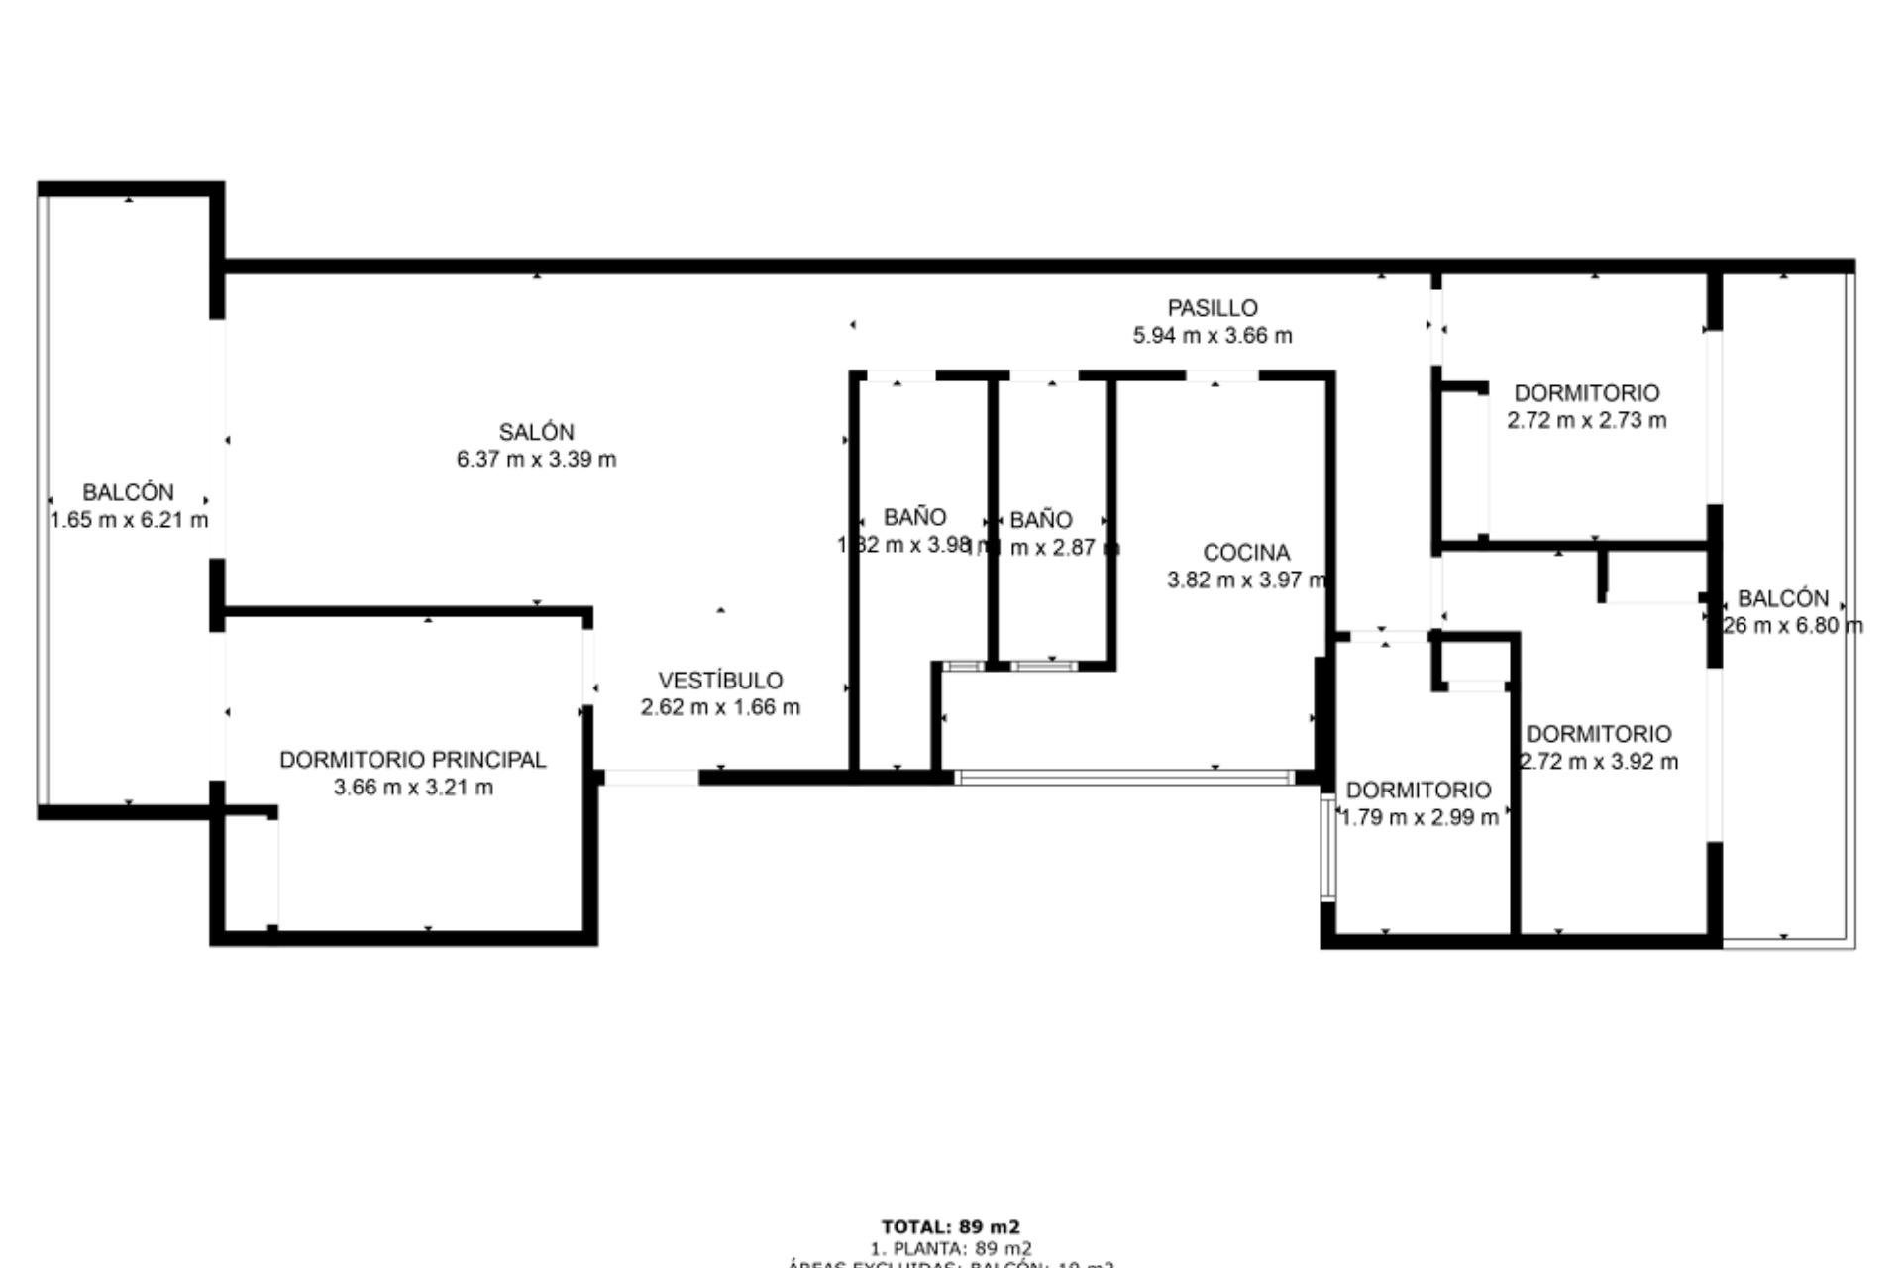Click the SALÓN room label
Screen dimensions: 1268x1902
coord(536,432)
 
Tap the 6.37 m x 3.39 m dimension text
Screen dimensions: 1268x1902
coord(536,460)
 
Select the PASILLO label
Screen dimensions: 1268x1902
coord(1212,308)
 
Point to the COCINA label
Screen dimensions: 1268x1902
coord(1246,553)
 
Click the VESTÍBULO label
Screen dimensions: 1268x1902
coord(720,681)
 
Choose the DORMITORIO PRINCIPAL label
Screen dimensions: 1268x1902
coord(412,760)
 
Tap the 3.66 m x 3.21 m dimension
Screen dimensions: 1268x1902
coord(413,788)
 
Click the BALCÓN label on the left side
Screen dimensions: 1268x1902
coord(128,492)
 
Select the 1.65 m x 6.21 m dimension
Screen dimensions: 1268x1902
coord(129,520)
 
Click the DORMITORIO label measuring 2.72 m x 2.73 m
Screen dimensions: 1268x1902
coord(1586,393)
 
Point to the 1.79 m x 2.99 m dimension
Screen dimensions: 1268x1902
coord(1419,818)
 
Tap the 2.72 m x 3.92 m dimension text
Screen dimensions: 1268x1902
coord(1599,762)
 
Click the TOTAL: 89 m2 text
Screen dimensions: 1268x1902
coord(950,1226)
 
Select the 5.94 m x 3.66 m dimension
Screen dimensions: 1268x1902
coord(1212,336)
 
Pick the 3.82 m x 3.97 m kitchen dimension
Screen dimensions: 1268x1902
coord(1246,581)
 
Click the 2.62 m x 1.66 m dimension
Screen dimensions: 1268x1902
coord(720,708)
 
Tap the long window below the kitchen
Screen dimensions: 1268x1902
coord(1124,779)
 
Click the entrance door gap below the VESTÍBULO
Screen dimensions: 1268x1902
coord(651,779)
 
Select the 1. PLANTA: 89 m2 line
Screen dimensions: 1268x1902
coord(950,1248)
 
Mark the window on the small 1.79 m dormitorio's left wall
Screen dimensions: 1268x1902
coord(1328,849)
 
